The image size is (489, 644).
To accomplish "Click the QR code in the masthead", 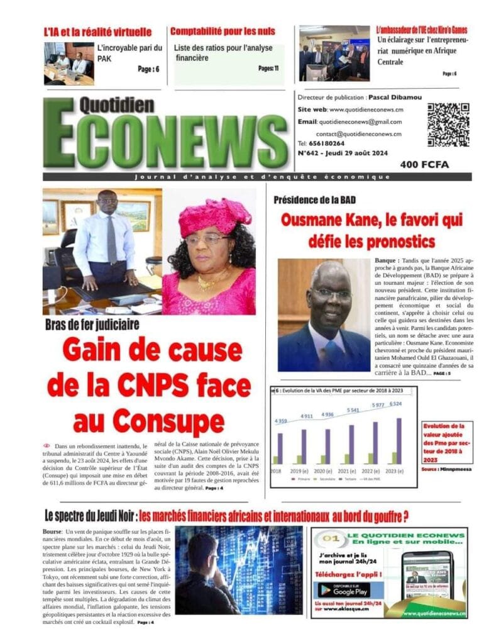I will click(x=448, y=125).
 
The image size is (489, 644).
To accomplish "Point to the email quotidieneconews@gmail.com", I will click(x=360, y=121).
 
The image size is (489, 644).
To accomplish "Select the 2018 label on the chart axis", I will click(x=275, y=470).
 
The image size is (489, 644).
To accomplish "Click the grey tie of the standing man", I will click(x=111, y=239).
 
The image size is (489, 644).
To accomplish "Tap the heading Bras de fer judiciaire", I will click(x=92, y=325).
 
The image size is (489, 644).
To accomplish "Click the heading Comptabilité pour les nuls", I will click(x=223, y=31).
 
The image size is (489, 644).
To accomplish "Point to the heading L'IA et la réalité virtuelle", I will click(x=97, y=31).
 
